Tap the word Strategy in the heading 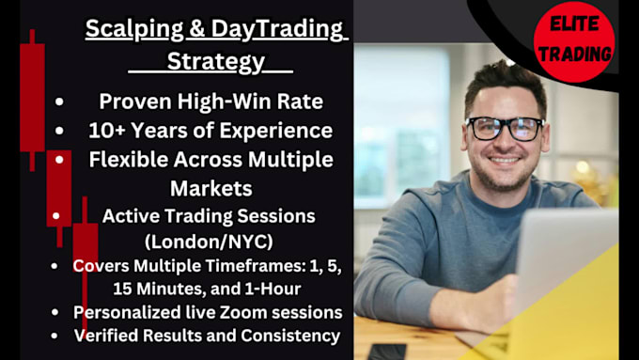point(216,62)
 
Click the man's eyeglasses point(505,127)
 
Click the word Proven point(140,102)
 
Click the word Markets point(210,188)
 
